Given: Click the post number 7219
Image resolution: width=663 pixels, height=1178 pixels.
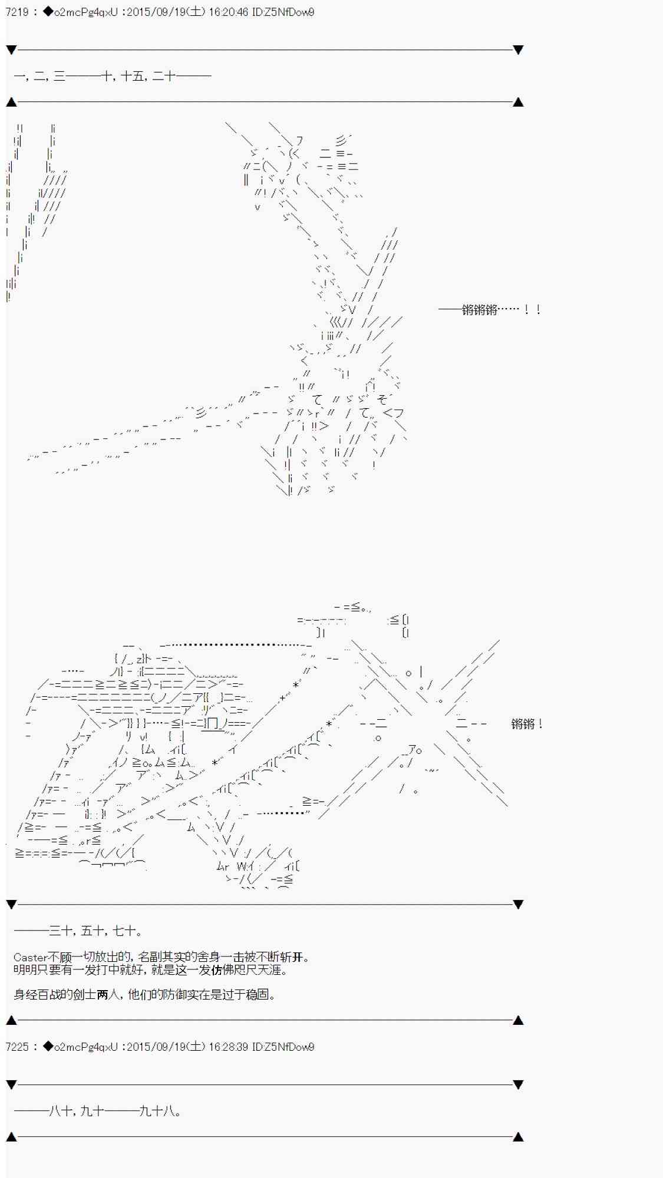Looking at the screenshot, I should coord(17,12).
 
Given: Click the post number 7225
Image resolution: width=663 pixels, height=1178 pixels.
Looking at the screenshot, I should coord(17,1047).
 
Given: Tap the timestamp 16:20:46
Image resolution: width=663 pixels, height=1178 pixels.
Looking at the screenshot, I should coord(227,12).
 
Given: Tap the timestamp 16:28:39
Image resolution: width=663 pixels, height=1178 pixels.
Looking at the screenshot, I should coord(227,1047).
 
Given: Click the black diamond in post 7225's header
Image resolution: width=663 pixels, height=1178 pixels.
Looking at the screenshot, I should coord(47,1047).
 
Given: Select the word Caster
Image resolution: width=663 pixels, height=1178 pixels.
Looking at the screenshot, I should coord(30,958).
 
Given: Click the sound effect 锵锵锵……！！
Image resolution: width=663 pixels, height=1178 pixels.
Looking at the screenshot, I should coord(489,310).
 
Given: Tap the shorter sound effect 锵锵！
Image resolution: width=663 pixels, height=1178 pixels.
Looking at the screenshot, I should coord(527,724).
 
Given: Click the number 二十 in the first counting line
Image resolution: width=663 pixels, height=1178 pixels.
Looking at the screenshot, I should coord(163,76).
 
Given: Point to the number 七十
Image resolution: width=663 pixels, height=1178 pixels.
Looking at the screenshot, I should coord(124,931).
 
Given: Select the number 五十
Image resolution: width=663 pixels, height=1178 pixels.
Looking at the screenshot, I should coord(93,931).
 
